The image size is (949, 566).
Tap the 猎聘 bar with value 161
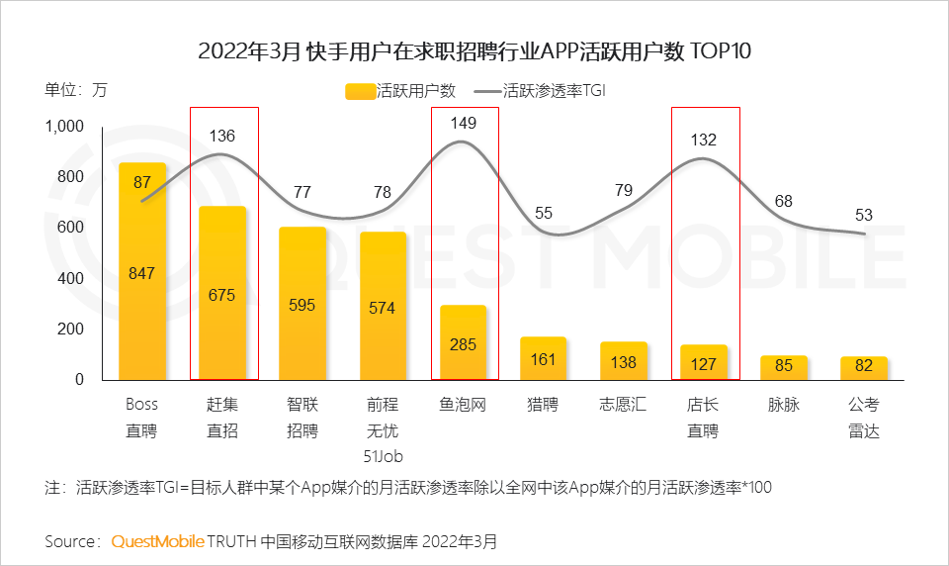[x=543, y=358]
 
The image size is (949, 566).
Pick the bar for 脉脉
[x=783, y=367]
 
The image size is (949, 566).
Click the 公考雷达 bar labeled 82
[x=863, y=367]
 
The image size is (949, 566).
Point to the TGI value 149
[x=463, y=124]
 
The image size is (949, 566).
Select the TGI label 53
[x=863, y=216]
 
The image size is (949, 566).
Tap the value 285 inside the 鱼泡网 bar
[x=463, y=345]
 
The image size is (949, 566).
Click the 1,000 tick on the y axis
[x=65, y=127]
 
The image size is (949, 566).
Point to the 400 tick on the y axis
[x=72, y=278]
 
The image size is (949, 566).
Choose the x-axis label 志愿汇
[x=623, y=405]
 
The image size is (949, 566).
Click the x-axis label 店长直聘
[x=703, y=418]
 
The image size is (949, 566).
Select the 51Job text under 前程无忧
[x=383, y=456]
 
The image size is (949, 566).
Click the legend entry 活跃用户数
[x=401, y=91]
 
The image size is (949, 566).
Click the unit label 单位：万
[x=76, y=90]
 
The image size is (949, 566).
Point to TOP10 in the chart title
[x=720, y=51]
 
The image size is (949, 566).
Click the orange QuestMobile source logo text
[x=157, y=541]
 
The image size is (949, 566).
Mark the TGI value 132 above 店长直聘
[x=703, y=140]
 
